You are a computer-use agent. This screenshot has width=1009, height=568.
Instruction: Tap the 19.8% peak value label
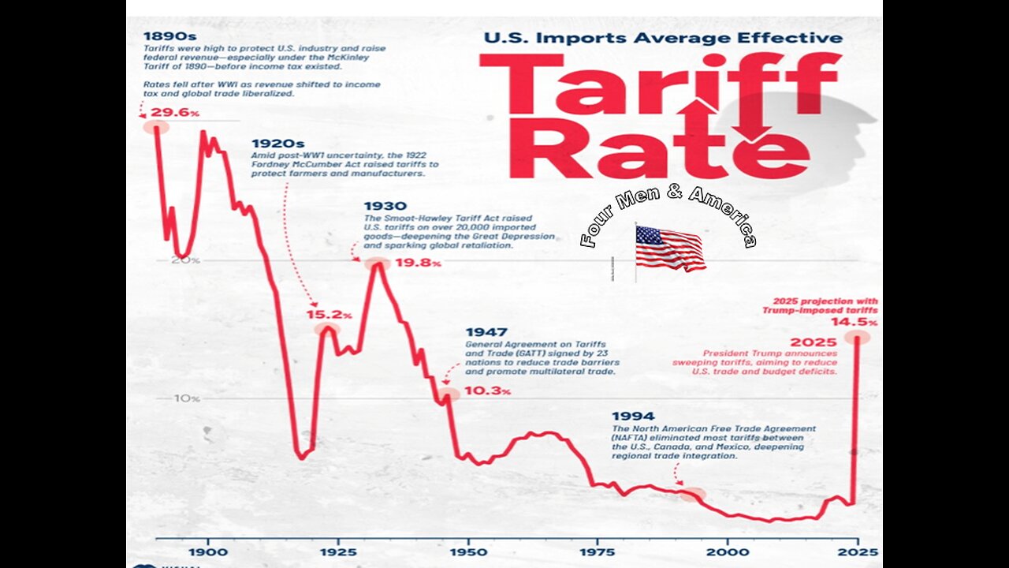pos(418,263)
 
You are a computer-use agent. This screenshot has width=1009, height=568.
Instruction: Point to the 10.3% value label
pos(488,390)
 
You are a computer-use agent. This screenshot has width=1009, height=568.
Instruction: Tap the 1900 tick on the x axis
pos(208,551)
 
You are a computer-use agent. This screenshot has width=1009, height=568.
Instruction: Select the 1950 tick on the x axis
pos(467,551)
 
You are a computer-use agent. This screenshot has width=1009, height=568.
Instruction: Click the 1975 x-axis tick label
pos(597,551)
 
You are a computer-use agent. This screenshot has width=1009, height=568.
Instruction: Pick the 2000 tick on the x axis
pos(726,551)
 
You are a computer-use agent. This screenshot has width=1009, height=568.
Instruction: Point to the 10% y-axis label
pos(188,398)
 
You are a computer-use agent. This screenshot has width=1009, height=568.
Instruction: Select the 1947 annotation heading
pos(486,333)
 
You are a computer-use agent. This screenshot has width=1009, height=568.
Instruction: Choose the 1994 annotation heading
pos(633,416)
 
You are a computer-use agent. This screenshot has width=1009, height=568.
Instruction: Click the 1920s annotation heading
pos(278,144)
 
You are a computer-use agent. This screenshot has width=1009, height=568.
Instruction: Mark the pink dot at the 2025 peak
pos(856,337)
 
